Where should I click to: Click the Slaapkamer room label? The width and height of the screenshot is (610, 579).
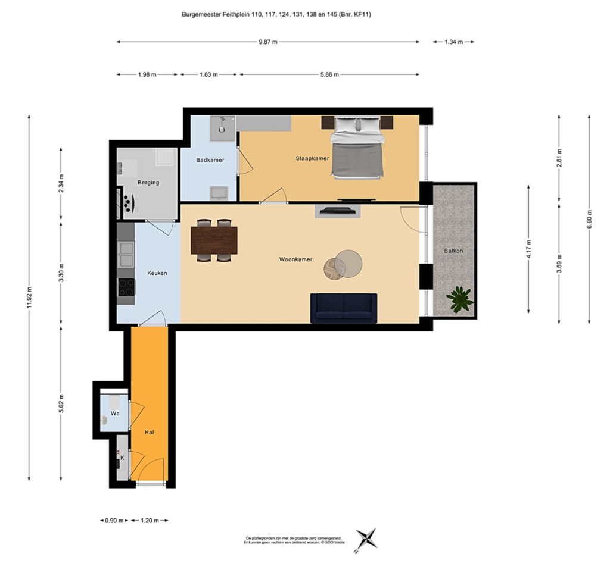coord(312,158)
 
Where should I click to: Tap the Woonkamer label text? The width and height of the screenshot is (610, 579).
coord(295,259)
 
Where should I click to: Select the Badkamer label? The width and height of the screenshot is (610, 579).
coord(210,159)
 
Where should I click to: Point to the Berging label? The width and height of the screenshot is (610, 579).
coord(148,183)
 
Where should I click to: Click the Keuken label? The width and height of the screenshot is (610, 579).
coord(157,273)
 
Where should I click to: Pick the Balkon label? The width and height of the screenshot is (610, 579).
coord(453,251)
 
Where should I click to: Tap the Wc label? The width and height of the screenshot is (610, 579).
coord(115,413)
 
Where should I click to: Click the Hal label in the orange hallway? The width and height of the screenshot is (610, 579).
coord(150,432)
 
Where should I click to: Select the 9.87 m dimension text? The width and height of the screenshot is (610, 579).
coord(268,42)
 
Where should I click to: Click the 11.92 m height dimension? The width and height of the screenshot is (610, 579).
coord(29,298)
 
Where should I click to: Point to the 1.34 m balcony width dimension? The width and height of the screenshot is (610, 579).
coord(453,42)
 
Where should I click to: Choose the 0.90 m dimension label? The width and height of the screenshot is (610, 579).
coord(114,521)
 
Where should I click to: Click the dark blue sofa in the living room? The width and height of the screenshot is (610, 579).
coord(344,308)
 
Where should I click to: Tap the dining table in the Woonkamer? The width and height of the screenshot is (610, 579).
coord(214,240)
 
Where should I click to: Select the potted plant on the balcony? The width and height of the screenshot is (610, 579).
coord(460,299)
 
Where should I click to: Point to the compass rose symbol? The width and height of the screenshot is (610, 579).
coord(366,539)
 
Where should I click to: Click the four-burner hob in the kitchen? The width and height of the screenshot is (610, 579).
coord(126,287)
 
